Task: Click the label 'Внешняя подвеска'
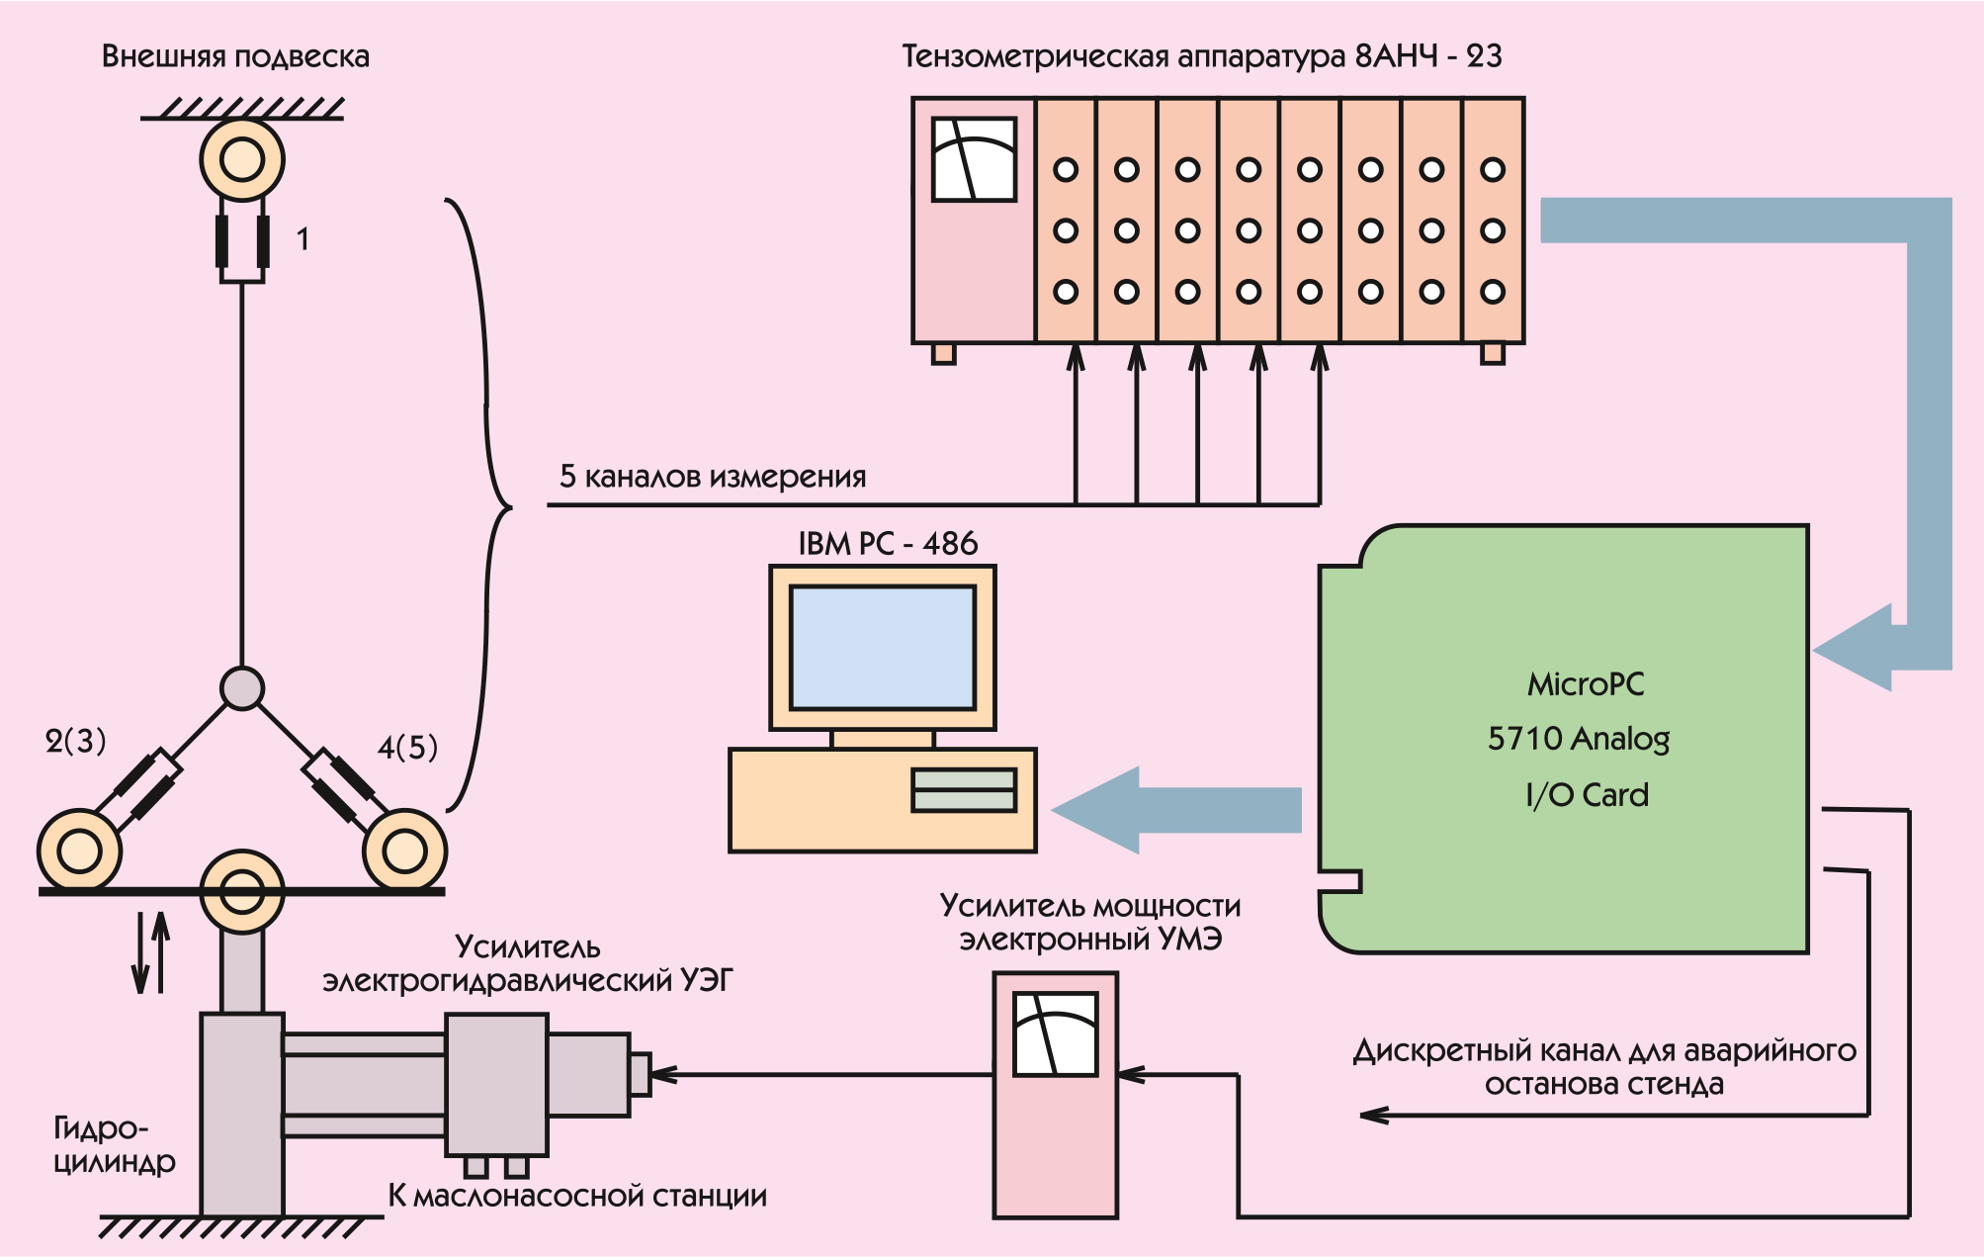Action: (x=235, y=56)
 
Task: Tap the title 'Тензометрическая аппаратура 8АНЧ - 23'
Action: (x=1201, y=56)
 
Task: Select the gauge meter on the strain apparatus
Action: (x=974, y=159)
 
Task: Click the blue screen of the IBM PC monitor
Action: (x=883, y=647)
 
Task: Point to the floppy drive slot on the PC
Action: (x=964, y=790)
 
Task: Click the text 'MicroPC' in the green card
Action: (x=1586, y=684)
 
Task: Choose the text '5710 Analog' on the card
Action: (x=1578, y=739)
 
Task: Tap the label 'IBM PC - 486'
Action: (x=888, y=543)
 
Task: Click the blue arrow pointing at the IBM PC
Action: (x=1176, y=810)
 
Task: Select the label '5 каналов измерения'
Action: (x=712, y=477)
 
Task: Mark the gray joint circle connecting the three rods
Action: (x=242, y=688)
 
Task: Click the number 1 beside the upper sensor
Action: (x=302, y=239)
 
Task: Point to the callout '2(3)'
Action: (x=75, y=741)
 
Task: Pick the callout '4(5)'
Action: (x=407, y=747)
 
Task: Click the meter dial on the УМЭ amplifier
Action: (x=1056, y=1033)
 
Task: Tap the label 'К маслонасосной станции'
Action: (x=577, y=1196)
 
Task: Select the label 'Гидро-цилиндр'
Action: (x=113, y=1144)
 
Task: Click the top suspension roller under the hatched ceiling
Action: (x=242, y=159)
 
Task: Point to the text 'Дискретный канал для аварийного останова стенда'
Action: (x=1603, y=1067)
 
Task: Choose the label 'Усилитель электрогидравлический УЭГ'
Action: (x=527, y=964)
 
